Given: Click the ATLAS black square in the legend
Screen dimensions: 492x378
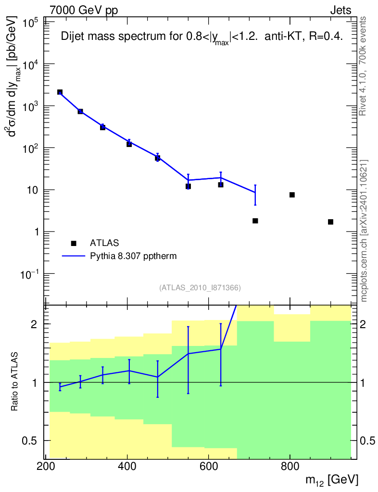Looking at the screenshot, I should tap(73, 243).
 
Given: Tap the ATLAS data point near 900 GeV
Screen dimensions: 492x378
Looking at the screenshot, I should tap(330, 221).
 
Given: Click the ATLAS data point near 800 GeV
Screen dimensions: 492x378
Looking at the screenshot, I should tap(292, 195).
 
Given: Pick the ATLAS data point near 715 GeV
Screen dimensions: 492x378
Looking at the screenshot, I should tap(255, 221).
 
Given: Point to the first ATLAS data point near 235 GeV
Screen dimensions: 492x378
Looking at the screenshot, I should tap(60, 92).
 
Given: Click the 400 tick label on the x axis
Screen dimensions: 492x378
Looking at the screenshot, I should tap(127, 467).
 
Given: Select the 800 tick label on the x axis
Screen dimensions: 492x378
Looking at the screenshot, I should tap(290, 467).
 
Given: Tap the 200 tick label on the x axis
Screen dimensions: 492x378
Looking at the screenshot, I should tap(45, 467).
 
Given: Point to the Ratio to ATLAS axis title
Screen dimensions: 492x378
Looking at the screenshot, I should tap(15, 382).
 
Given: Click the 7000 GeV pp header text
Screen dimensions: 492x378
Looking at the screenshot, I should tap(84, 11).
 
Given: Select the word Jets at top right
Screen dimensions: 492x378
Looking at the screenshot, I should tap(340, 11).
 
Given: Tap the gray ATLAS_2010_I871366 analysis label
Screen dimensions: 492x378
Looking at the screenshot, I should tap(200, 288).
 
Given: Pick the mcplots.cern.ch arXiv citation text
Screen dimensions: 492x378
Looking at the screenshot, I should tap(364, 231).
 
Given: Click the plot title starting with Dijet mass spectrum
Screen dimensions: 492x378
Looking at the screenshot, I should tap(202, 38).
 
